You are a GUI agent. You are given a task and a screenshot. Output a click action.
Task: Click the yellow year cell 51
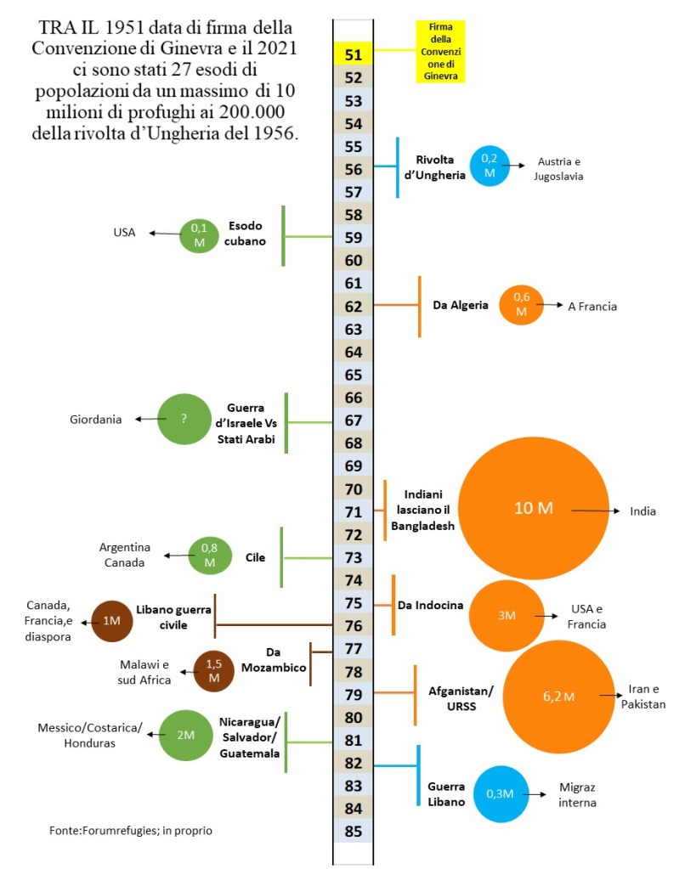pos(353,55)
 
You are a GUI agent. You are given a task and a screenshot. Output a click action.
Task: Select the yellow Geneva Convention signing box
pos(441,51)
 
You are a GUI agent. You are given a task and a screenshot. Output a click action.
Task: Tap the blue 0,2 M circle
pos(490,166)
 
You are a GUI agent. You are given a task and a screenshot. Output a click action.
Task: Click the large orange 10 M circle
pos(534,508)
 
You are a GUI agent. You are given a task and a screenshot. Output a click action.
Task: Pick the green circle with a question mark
pos(184,419)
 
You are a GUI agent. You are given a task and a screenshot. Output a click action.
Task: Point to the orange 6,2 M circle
pos(558,697)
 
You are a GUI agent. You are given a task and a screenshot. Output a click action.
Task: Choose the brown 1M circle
pos(111,621)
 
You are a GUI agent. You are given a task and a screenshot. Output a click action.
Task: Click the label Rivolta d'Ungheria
pos(440,167)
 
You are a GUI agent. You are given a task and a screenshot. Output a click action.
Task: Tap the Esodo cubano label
pos(246,233)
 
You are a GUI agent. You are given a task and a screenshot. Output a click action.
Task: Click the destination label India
pos(643,511)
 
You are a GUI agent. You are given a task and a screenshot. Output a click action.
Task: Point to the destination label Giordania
pos(95,420)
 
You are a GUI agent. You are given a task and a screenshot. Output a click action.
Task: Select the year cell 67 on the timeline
pos(353,420)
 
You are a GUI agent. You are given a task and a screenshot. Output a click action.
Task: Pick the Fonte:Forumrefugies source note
pos(131,830)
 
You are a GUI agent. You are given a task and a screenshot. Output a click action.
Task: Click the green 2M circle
pos(185,735)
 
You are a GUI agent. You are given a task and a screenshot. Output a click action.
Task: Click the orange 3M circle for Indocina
pos(507,615)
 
